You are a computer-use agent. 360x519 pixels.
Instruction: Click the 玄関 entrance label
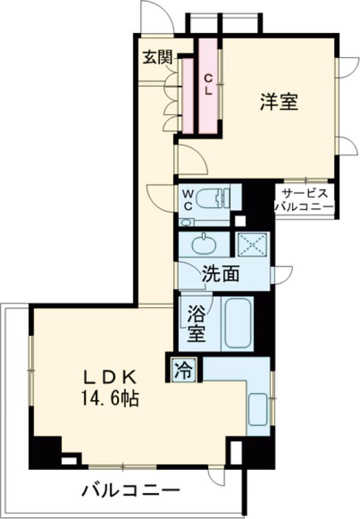[158, 58]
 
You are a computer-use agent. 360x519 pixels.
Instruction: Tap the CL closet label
[208, 84]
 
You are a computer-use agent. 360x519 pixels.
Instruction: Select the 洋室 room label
[279, 102]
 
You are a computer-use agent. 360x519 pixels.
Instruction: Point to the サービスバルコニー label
[304, 200]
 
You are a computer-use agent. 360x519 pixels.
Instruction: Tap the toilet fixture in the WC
[214, 197]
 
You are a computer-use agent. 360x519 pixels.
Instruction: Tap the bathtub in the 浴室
[238, 323]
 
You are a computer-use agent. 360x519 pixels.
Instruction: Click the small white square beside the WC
[240, 220]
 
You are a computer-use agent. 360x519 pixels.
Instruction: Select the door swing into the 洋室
[191, 157]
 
